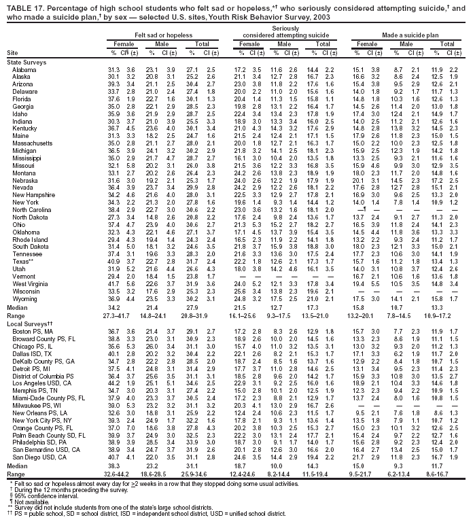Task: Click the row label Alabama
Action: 24,70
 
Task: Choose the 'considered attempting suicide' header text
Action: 285,33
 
